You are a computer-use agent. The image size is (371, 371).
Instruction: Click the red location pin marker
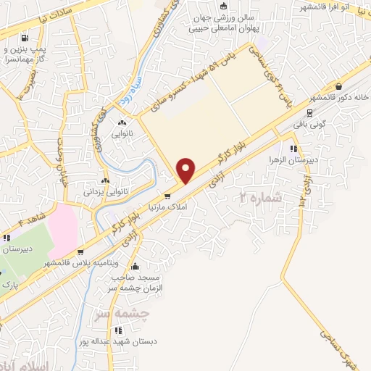pos(186,170)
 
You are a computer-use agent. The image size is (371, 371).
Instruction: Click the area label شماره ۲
pos(258,196)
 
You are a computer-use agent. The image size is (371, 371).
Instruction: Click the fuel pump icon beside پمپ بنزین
pos(26,38)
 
